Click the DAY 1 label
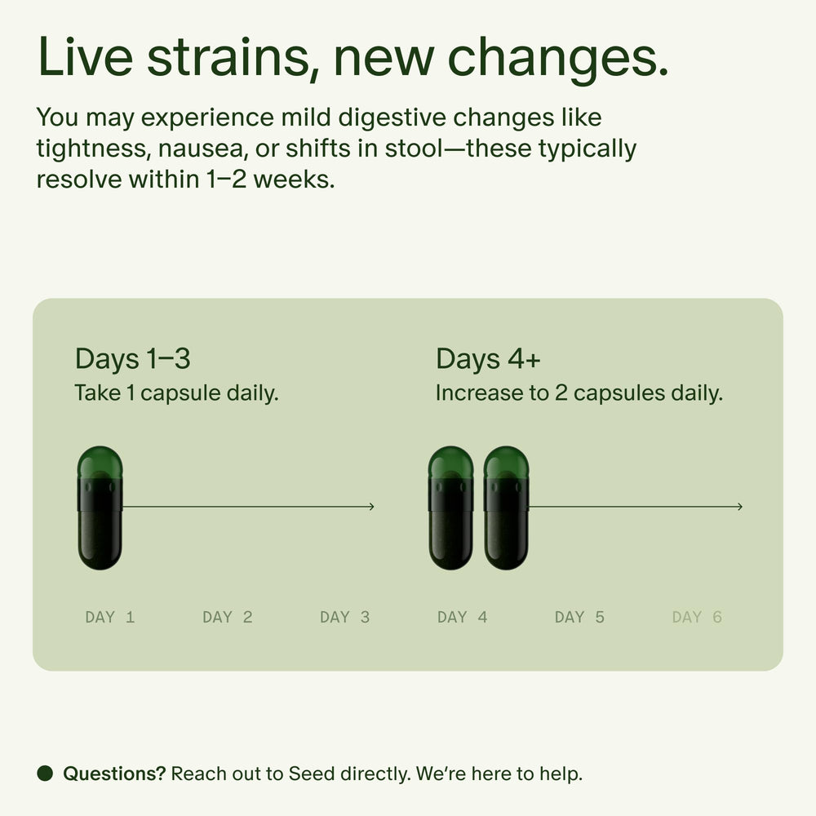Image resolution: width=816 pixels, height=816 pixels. [x=109, y=617]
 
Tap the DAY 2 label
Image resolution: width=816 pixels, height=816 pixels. [x=227, y=617]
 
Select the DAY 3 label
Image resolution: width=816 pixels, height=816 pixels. [x=344, y=617]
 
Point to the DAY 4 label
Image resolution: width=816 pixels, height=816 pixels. [x=462, y=617]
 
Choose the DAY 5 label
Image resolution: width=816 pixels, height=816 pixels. [x=579, y=617]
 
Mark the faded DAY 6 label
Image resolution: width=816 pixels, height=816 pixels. [x=697, y=617]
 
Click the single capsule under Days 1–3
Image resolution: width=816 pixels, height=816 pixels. [x=100, y=508]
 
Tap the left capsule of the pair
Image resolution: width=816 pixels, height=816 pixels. [x=450, y=508]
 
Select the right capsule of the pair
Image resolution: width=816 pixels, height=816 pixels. [x=506, y=508]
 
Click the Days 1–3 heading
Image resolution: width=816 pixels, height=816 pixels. [x=132, y=359]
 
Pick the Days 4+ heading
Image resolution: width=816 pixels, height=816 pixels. [x=487, y=359]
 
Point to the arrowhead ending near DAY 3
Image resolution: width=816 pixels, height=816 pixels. [x=371, y=507]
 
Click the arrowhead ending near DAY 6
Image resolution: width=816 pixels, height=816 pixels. [x=740, y=507]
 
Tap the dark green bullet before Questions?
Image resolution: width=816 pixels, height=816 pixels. [x=45, y=773]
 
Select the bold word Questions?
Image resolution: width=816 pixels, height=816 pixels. [x=114, y=774]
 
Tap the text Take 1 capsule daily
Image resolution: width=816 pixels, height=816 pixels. [x=176, y=392]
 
